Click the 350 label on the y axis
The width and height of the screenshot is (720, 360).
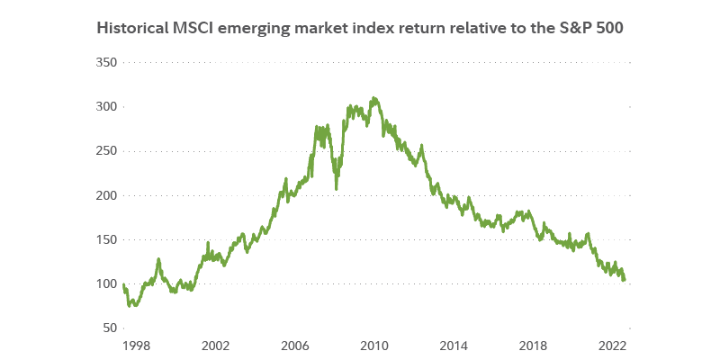106,62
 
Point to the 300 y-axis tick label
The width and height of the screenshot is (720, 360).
106,106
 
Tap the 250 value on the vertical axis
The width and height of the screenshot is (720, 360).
106,150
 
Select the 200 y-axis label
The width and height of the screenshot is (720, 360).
106,195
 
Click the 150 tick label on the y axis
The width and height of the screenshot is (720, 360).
106,239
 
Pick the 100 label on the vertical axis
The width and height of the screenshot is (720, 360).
106,283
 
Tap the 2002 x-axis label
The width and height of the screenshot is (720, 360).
214,345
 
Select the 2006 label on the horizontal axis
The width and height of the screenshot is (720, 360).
294,345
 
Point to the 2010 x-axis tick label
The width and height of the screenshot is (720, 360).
374,345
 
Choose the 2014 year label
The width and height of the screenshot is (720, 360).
454,345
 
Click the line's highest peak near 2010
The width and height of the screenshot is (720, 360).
373,97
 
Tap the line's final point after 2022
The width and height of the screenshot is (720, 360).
625,280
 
